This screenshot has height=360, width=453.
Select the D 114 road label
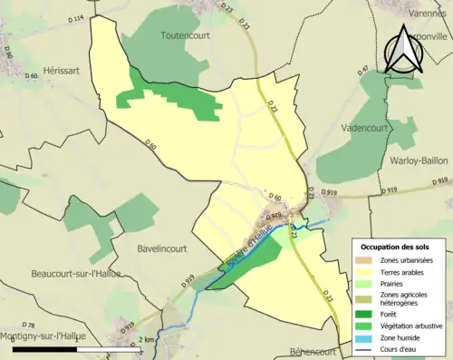point(74,18)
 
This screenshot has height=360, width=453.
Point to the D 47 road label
point(366,70)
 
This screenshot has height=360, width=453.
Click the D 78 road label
point(28,325)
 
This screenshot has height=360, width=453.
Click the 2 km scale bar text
point(146,339)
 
